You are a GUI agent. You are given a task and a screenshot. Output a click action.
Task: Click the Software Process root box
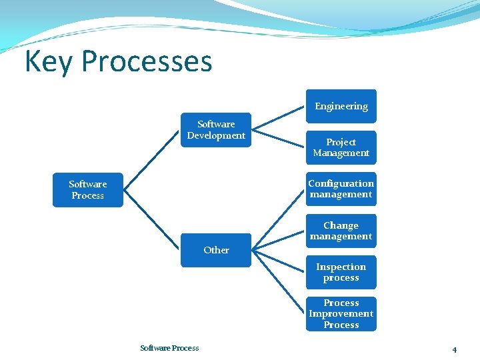[x=87, y=190]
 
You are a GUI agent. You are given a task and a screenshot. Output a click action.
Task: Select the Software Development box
[x=216, y=130]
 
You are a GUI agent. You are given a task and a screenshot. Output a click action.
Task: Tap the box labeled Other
[x=216, y=250]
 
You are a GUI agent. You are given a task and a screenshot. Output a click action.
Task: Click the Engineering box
[x=341, y=106]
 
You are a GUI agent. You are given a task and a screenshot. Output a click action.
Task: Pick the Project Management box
[x=341, y=147]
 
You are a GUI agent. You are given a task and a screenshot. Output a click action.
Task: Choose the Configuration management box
[x=341, y=189]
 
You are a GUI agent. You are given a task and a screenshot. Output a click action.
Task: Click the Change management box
[x=341, y=231]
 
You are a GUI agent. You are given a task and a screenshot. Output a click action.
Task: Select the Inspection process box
[x=341, y=272]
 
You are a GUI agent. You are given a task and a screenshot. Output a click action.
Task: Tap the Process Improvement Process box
[x=341, y=314]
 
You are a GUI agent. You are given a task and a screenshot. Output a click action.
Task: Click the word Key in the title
[x=49, y=62]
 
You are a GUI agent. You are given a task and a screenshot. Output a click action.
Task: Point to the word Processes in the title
[x=147, y=62]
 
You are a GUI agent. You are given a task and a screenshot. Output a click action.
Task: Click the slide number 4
[x=454, y=349]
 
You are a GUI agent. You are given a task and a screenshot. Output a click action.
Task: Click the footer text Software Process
[x=169, y=348]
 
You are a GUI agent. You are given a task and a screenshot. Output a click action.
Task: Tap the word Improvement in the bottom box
[x=341, y=314]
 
